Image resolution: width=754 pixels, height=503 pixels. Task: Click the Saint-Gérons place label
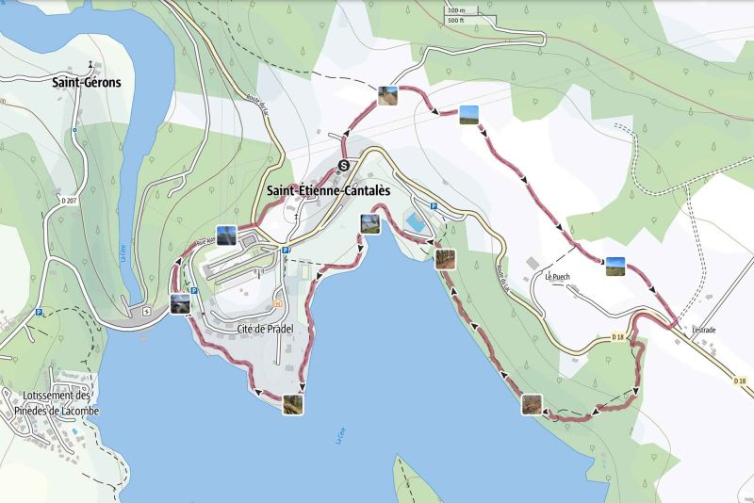(x=87, y=82)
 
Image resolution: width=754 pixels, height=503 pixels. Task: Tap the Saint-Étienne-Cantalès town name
(x=328, y=191)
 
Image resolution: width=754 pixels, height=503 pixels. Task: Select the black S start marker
(x=344, y=166)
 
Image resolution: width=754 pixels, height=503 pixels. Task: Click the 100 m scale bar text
(x=457, y=10)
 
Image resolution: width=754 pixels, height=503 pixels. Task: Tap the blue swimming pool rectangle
(x=414, y=223)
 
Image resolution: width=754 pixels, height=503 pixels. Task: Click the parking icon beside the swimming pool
(x=434, y=206)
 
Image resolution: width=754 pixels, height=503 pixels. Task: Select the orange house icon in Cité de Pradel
(x=277, y=304)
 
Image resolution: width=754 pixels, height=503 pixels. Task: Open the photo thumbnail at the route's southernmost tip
(x=294, y=404)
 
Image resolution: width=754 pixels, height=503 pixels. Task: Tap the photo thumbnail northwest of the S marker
(x=387, y=95)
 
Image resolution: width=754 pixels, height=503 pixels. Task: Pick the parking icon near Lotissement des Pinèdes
(x=39, y=313)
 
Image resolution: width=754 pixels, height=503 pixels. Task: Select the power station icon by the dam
(x=145, y=312)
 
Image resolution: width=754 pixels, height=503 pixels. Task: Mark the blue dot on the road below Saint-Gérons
(x=74, y=129)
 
